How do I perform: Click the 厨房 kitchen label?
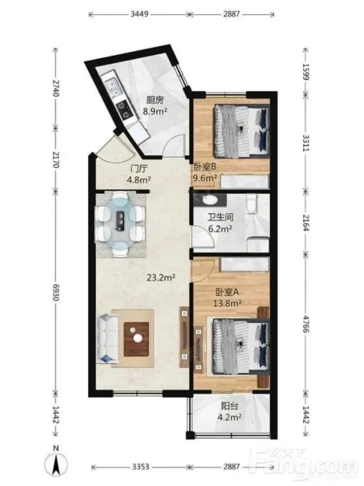pos(155,100)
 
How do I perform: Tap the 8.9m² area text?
pos(155,111)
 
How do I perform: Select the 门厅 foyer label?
pos(139,169)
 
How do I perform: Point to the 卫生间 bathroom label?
pos(220,217)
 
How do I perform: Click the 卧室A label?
pos(227,292)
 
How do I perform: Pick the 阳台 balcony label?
pos(230,406)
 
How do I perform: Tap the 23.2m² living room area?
pos(161,278)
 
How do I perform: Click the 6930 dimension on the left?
pos(55,292)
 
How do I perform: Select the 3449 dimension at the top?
pos(139,14)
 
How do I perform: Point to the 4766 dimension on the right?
pos(306,324)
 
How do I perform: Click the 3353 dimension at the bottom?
pos(141,467)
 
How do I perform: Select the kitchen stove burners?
pos(124,110)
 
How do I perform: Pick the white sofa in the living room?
pos(107,338)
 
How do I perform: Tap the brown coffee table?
pos(136,339)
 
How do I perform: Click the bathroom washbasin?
pos(210,200)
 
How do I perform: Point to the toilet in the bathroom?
pos(252,204)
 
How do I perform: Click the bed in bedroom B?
pos(241,131)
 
